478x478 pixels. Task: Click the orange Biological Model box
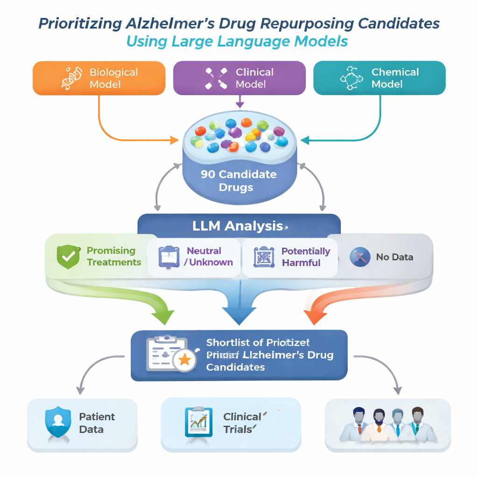[98, 78]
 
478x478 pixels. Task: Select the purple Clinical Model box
[239, 78]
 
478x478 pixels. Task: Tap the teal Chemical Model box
[379, 78]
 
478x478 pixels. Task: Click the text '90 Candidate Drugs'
[238, 181]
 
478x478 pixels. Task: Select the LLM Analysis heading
[238, 226]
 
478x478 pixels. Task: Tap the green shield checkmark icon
[68, 256]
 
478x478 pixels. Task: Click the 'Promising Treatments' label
[113, 256]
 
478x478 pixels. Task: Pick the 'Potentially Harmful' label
[305, 257]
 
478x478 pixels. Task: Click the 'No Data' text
[394, 256]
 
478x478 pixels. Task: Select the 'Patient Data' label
[97, 423]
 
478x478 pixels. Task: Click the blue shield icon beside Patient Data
[57, 423]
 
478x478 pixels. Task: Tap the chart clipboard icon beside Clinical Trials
[198, 422]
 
